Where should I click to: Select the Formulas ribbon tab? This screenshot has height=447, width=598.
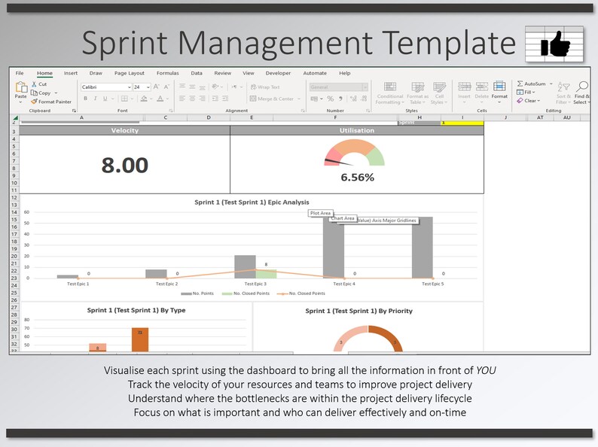tap(167, 73)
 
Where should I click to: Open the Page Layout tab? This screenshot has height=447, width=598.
tap(130, 73)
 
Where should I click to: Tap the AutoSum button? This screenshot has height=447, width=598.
tap(535, 84)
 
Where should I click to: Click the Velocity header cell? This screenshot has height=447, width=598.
tap(124, 130)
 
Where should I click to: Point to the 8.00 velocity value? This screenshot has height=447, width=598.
tap(124, 165)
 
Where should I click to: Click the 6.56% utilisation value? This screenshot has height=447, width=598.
tap(357, 178)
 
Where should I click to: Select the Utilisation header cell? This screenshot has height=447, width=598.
tap(357, 130)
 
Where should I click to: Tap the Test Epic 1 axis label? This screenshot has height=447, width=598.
tap(73, 284)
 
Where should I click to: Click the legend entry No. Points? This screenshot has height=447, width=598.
tap(203, 293)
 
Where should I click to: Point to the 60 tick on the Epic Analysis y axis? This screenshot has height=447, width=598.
tap(26, 212)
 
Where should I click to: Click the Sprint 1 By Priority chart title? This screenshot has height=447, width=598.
tap(358, 311)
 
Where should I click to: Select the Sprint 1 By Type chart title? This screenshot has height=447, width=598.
tap(136, 310)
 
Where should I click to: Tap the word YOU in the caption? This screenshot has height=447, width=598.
tap(486, 370)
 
